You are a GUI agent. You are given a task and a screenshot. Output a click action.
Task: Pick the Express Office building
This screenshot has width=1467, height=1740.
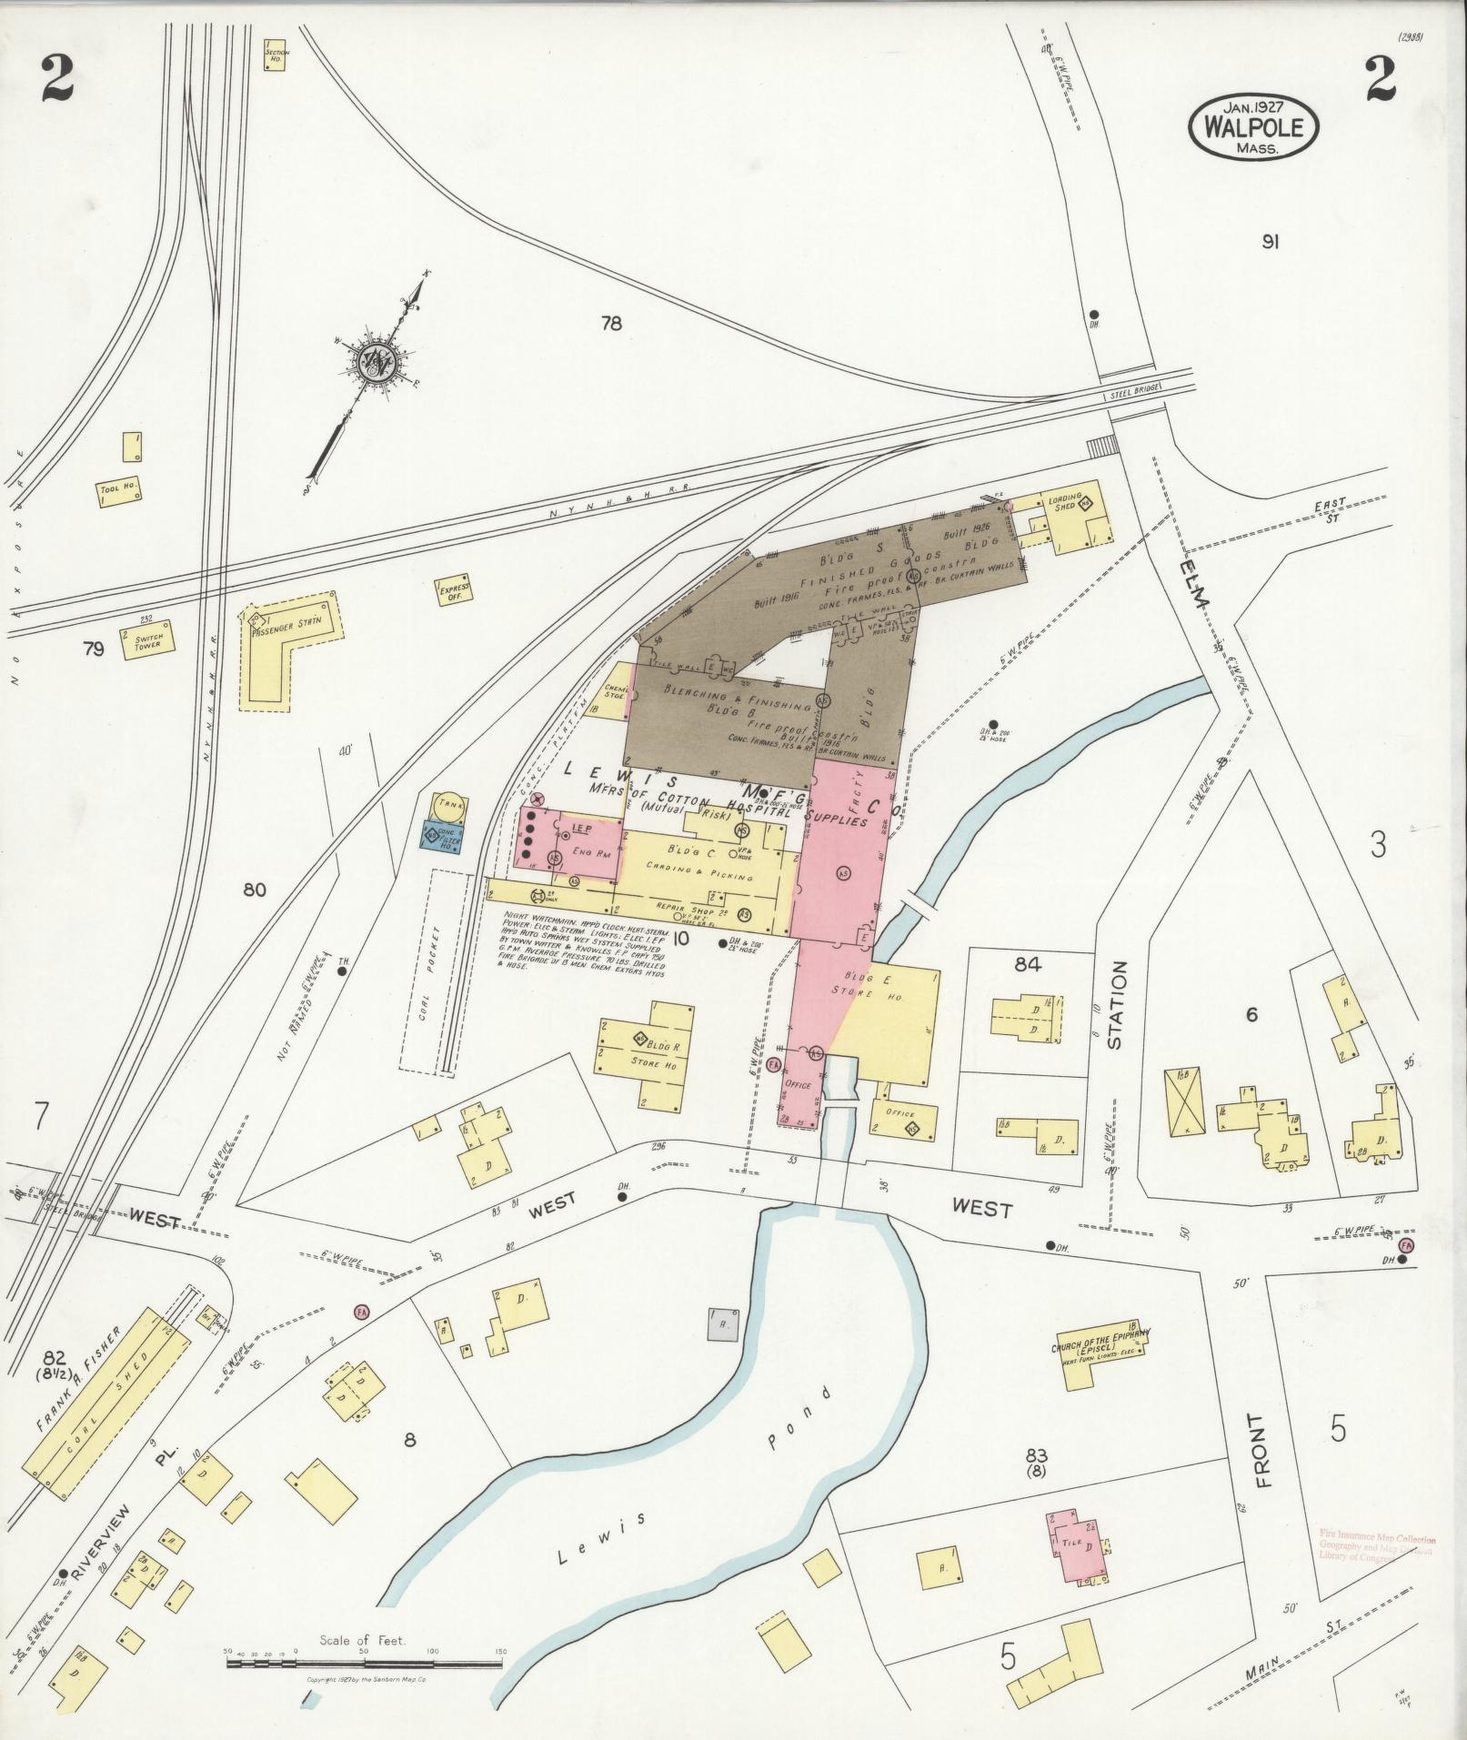point(452,592)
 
